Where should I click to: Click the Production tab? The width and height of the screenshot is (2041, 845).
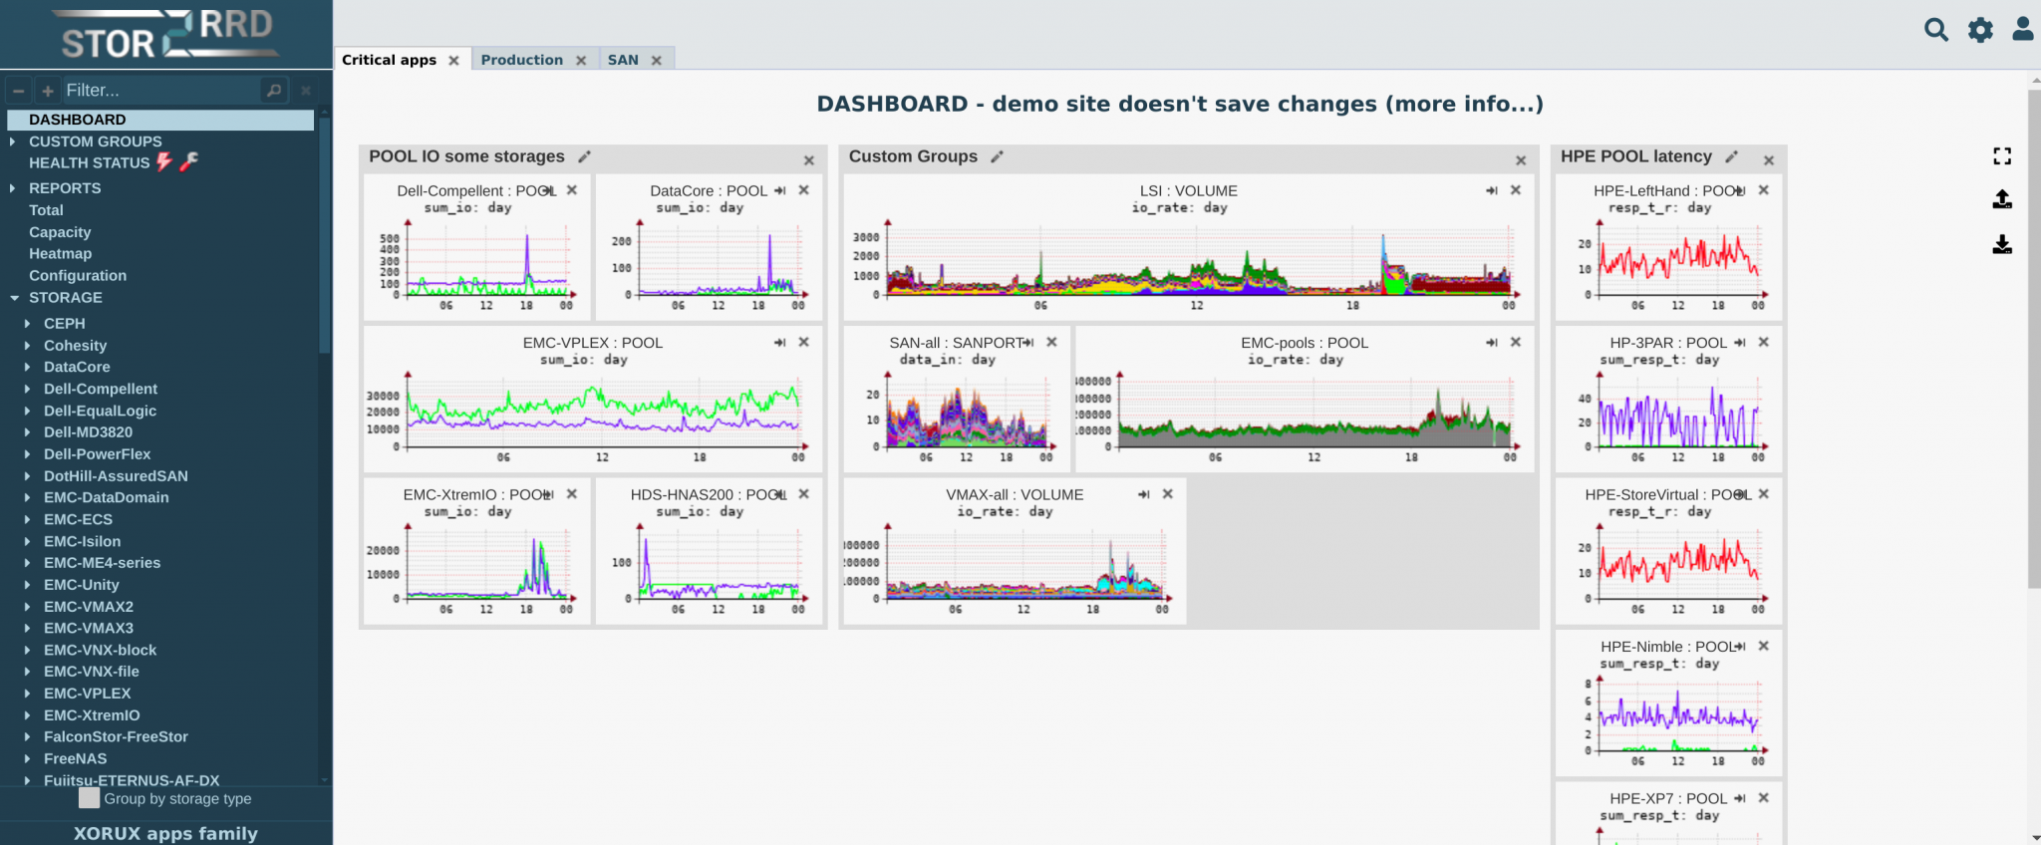521,60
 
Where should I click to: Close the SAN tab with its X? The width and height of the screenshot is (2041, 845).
657,61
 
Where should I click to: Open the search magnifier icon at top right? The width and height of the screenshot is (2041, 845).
1935,30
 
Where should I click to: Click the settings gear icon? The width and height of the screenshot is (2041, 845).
1980,30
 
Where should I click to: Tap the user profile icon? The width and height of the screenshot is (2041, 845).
2022,29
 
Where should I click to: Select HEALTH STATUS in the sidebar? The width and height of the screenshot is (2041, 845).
89,162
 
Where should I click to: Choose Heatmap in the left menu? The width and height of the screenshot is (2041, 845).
60,253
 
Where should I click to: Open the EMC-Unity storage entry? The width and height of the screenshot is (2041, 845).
81,585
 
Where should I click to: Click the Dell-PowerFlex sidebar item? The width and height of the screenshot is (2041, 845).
97,454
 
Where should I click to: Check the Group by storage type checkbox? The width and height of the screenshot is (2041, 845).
90,798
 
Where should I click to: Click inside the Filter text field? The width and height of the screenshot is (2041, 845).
159,91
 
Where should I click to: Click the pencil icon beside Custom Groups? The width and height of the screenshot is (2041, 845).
997,156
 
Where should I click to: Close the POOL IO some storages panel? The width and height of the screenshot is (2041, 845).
809,160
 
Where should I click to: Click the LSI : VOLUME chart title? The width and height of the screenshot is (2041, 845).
1188,190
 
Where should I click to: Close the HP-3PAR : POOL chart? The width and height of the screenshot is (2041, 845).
1763,342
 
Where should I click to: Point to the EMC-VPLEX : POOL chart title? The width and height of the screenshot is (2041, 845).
592,343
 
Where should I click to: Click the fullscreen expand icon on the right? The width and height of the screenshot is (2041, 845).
2002,156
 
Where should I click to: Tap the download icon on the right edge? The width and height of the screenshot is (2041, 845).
2002,244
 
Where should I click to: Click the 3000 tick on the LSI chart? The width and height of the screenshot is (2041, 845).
865,237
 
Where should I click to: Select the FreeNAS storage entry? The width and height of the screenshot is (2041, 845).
75,758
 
